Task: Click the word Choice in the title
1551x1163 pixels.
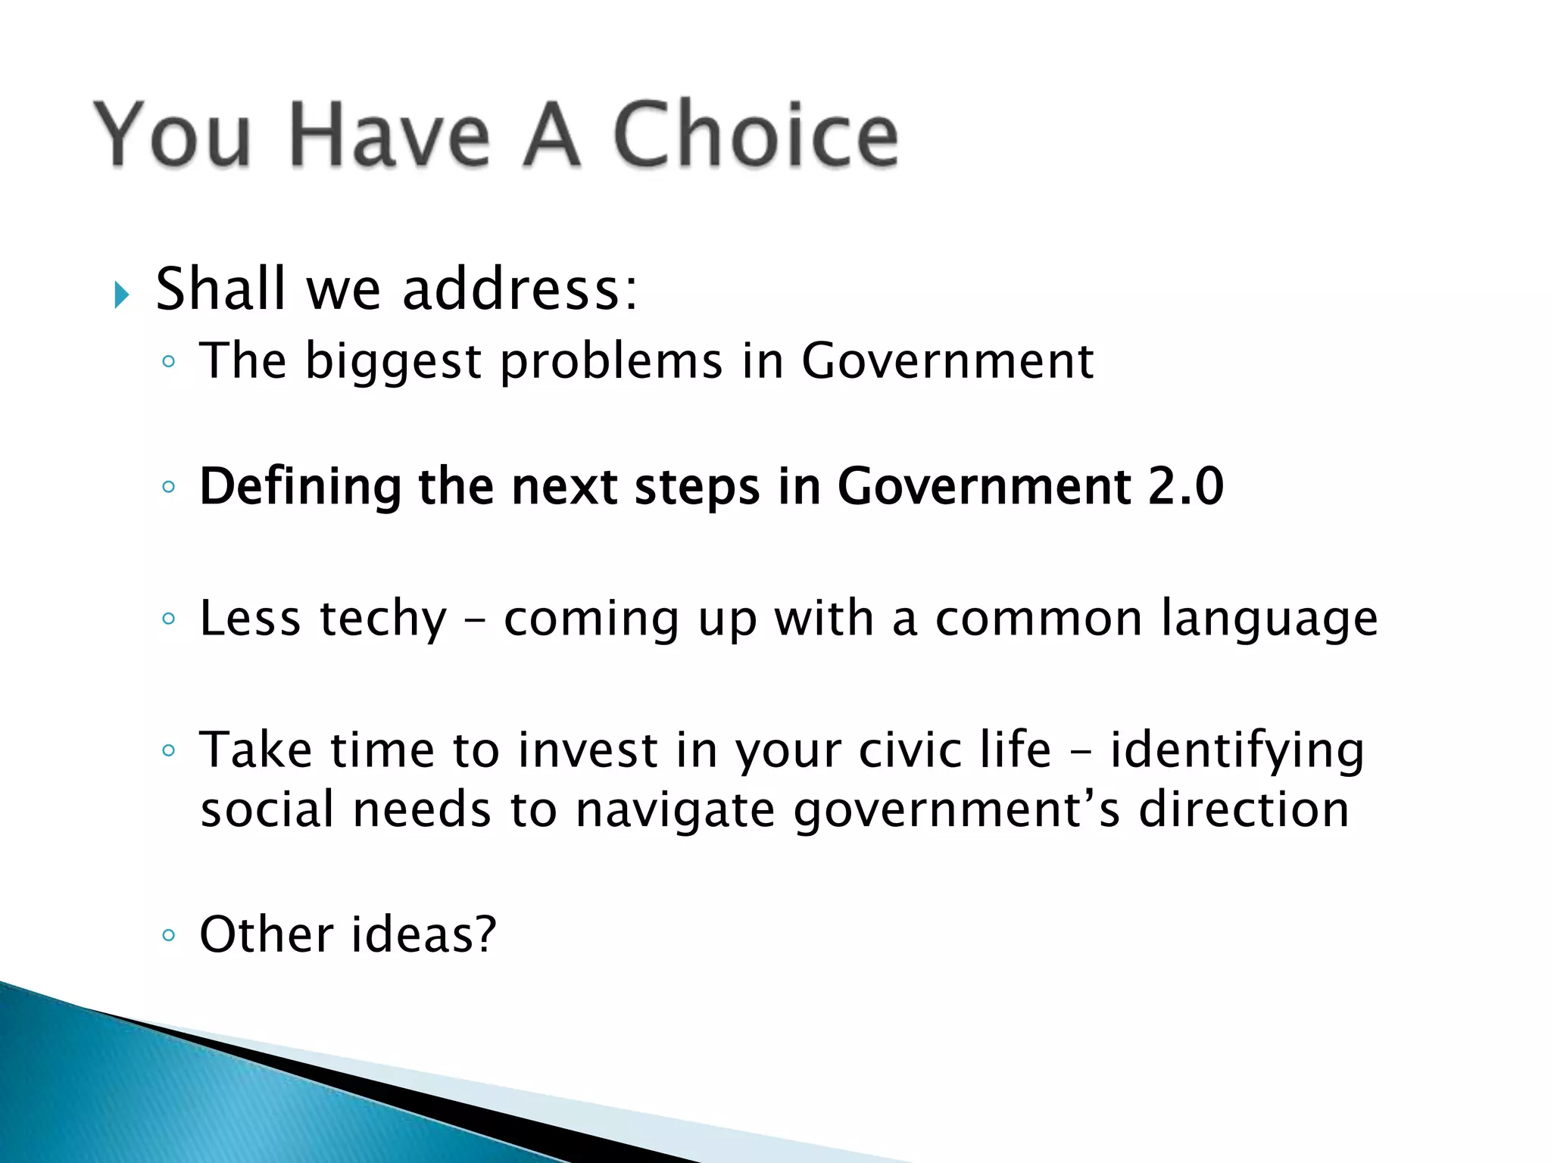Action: coord(755,135)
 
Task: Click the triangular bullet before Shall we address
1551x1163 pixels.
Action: coord(121,295)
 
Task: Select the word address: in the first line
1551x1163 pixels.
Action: coord(520,289)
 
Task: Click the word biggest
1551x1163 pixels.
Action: coord(393,362)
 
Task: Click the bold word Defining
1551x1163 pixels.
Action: coord(300,487)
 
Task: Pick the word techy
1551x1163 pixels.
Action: coord(383,619)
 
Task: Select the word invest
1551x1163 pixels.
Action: coord(588,750)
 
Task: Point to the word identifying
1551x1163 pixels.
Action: coord(1237,751)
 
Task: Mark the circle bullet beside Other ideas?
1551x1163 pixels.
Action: coord(168,936)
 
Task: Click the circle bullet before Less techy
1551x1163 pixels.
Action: coord(168,619)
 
